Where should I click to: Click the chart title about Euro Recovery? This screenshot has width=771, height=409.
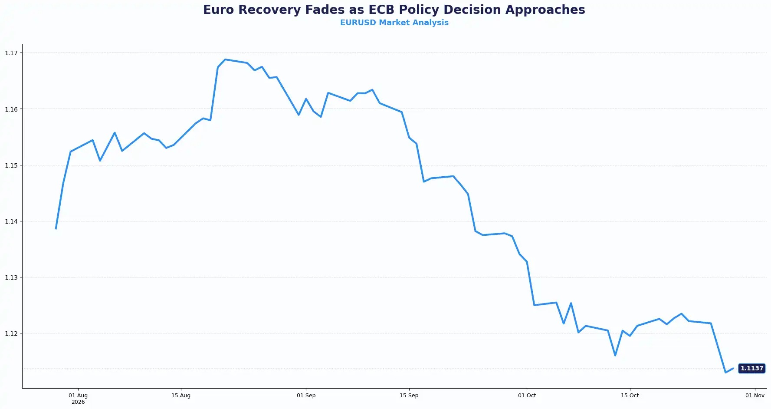pyautogui.click(x=394, y=10)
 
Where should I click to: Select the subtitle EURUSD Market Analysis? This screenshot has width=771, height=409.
pyautogui.click(x=394, y=23)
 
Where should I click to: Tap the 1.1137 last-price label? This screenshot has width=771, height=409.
pyautogui.click(x=751, y=368)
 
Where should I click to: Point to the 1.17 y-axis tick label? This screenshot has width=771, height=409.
pyautogui.click(x=11, y=53)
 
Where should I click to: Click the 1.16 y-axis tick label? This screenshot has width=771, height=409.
pyautogui.click(x=11, y=109)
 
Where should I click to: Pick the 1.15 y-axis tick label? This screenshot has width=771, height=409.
pyautogui.click(x=11, y=165)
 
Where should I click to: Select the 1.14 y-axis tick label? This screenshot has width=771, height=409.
pyautogui.click(x=11, y=221)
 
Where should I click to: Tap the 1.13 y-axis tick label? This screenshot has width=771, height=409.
pyautogui.click(x=11, y=277)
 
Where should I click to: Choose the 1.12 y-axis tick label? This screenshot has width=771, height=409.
pyautogui.click(x=11, y=333)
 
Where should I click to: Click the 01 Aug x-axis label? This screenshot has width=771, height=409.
pyautogui.click(x=78, y=396)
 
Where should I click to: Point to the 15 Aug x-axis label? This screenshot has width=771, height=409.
pyautogui.click(x=181, y=396)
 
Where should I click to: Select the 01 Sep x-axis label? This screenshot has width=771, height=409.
pyautogui.click(x=306, y=396)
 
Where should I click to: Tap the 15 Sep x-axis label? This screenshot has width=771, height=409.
pyautogui.click(x=409, y=396)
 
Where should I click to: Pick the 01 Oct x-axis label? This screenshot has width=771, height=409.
pyautogui.click(x=527, y=396)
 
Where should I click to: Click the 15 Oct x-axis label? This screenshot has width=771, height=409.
pyautogui.click(x=630, y=396)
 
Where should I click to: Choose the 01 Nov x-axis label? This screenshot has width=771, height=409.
pyautogui.click(x=755, y=396)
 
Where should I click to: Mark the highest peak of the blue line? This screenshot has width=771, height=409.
pyautogui.click(x=225, y=59)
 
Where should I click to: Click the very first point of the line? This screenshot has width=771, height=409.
pyautogui.click(x=56, y=228)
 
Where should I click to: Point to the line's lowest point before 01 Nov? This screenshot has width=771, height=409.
pyautogui.click(x=725, y=372)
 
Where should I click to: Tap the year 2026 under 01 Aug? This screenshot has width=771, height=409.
pyautogui.click(x=78, y=402)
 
